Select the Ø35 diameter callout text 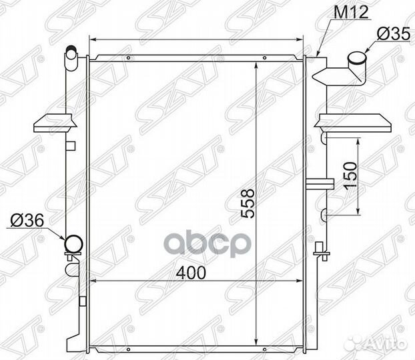394,34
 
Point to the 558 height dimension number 248,203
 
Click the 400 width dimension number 191,273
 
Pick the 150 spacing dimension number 350,175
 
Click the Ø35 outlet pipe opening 357,58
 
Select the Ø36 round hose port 73,244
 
